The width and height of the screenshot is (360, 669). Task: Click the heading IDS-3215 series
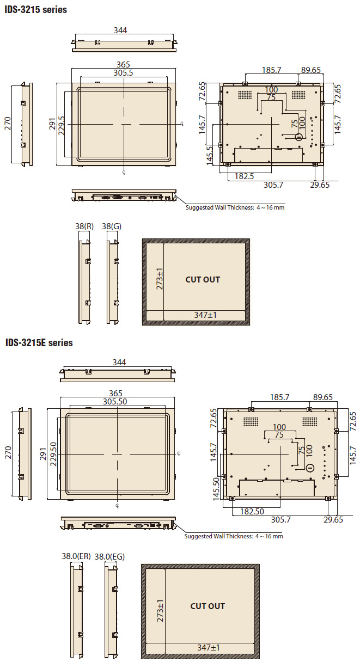pyautogui.click(x=36, y=10)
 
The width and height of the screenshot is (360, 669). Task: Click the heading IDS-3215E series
pyautogui.click(x=39, y=342)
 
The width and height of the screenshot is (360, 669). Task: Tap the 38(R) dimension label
pyautogui.click(x=84, y=226)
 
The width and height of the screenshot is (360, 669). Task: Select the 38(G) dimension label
pyautogui.click(x=112, y=226)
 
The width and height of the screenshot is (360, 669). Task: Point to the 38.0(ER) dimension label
pyautogui.click(x=76, y=556)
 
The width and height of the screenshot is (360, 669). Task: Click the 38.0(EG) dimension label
pyautogui.click(x=109, y=557)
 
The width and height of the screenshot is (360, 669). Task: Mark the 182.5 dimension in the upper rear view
pyautogui.click(x=244, y=176)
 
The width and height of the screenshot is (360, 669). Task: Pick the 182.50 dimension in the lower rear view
pyautogui.click(x=252, y=512)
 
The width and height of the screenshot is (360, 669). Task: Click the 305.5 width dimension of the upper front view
pyautogui.click(x=123, y=73)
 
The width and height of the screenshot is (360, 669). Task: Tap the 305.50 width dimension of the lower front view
pyautogui.click(x=115, y=401)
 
